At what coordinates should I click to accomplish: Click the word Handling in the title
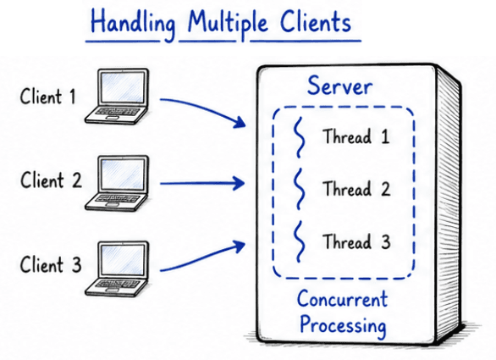pyautogui.click(x=133, y=24)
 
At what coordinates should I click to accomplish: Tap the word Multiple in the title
pyautogui.click(x=228, y=24)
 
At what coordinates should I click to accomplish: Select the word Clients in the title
pyautogui.click(x=316, y=21)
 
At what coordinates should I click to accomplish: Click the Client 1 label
pyautogui.click(x=48, y=97)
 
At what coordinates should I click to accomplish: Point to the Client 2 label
pyautogui.click(x=52, y=180)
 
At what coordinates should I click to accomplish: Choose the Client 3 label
pyautogui.click(x=51, y=264)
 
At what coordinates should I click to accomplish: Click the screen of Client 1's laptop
pyautogui.click(x=122, y=87)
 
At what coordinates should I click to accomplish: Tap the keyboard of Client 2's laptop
pyautogui.click(x=118, y=198)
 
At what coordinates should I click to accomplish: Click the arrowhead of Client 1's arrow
pyautogui.click(x=240, y=122)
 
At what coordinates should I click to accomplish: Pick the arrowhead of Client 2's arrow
pyautogui.click(x=239, y=183)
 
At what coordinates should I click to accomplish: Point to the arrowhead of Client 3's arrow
pyautogui.click(x=240, y=246)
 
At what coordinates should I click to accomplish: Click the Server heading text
pyautogui.click(x=339, y=86)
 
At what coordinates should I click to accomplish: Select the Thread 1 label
pyautogui.click(x=355, y=136)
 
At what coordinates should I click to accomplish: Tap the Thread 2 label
pyautogui.click(x=356, y=189)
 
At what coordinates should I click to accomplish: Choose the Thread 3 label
pyautogui.click(x=356, y=241)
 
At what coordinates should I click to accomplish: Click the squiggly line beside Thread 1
pyautogui.click(x=300, y=136)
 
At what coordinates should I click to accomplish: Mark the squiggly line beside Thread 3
pyautogui.click(x=300, y=241)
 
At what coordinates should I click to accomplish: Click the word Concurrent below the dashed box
pyautogui.click(x=342, y=298)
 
